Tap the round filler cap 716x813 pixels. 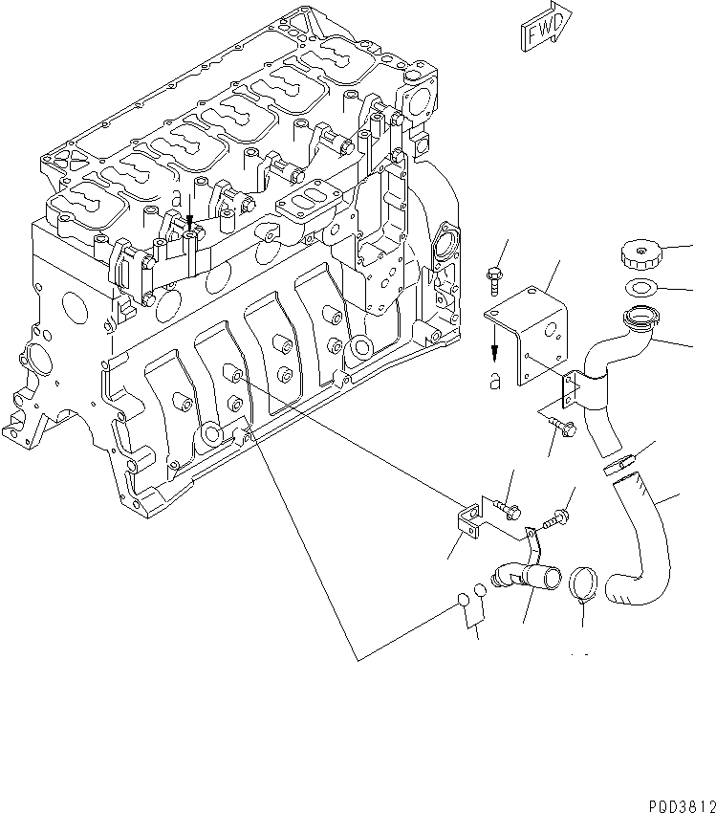click(x=640, y=255)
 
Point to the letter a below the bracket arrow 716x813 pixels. click(x=494, y=380)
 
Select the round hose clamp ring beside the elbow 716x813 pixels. click(x=584, y=583)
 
